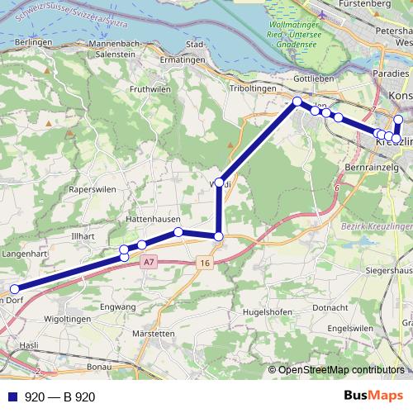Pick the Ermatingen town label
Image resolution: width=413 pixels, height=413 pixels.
click(x=181, y=60)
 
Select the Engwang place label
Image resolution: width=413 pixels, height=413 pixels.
click(x=116, y=307)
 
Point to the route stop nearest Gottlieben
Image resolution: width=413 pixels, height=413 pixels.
click(x=297, y=102)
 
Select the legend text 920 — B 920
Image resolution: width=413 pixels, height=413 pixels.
click(x=59, y=397)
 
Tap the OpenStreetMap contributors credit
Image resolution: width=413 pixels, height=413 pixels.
click(x=341, y=369)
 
